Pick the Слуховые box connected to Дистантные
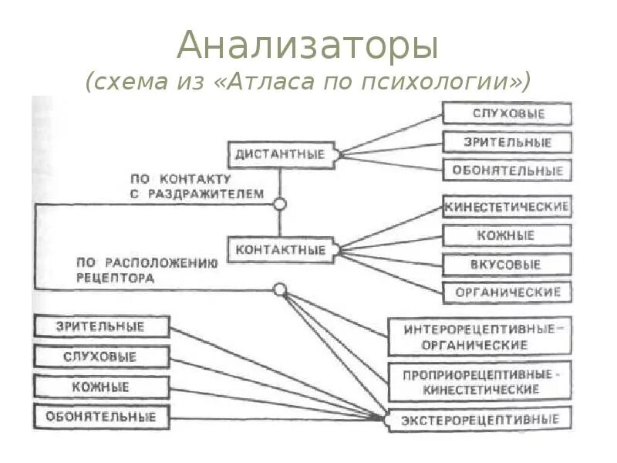pyautogui.click(x=507, y=113)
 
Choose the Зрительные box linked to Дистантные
pyautogui.click(x=507, y=142)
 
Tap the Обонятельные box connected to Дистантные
pyautogui.click(x=507, y=171)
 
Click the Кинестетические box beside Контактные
pyautogui.click(x=507, y=207)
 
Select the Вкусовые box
pyautogui.click(x=507, y=264)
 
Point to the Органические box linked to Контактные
pyautogui.click(x=507, y=292)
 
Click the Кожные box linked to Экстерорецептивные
pyautogui.click(x=101, y=387)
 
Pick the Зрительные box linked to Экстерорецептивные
pyautogui.click(x=101, y=326)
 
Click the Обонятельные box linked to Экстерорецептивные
pyautogui.click(x=101, y=417)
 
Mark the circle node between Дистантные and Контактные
pyautogui.click(x=280, y=204)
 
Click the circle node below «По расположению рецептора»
pyautogui.click(x=280, y=289)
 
